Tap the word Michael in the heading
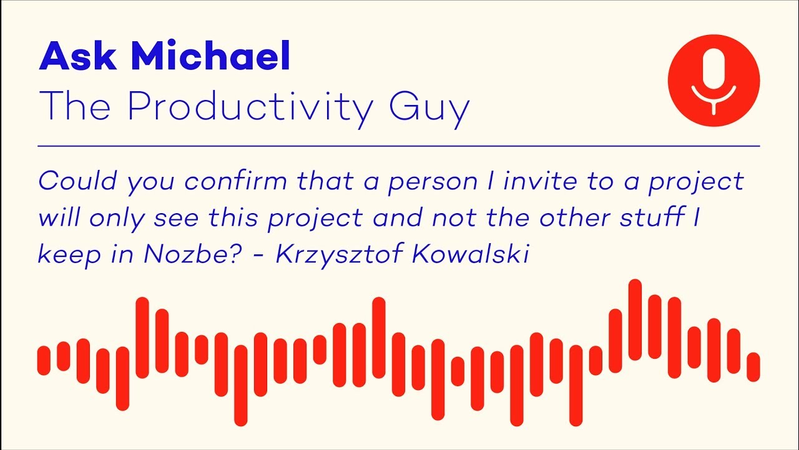210,56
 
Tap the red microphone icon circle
713,81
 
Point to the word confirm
238,181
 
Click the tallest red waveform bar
635,320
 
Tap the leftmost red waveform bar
44,360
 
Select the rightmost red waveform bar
753,367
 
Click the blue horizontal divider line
399,146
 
